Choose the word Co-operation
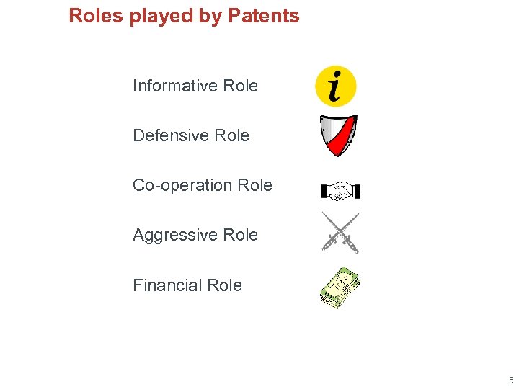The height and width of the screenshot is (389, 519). tap(182, 185)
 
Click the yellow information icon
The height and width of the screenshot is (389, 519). tap(336, 86)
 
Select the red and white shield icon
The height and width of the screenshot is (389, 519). tap(338, 135)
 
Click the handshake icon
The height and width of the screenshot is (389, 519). tap(340, 191)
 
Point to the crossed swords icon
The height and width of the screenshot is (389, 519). tap(340, 233)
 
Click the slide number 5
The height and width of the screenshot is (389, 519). tap(510, 380)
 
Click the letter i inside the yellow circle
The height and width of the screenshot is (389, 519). tap(335, 86)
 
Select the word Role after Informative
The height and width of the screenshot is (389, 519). tap(241, 86)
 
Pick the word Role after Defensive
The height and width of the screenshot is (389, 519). tap(232, 135)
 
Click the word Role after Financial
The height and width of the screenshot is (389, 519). tap(225, 285)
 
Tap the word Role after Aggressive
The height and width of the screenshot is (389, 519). tap(241, 235)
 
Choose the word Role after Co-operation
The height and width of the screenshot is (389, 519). tap(255, 185)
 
